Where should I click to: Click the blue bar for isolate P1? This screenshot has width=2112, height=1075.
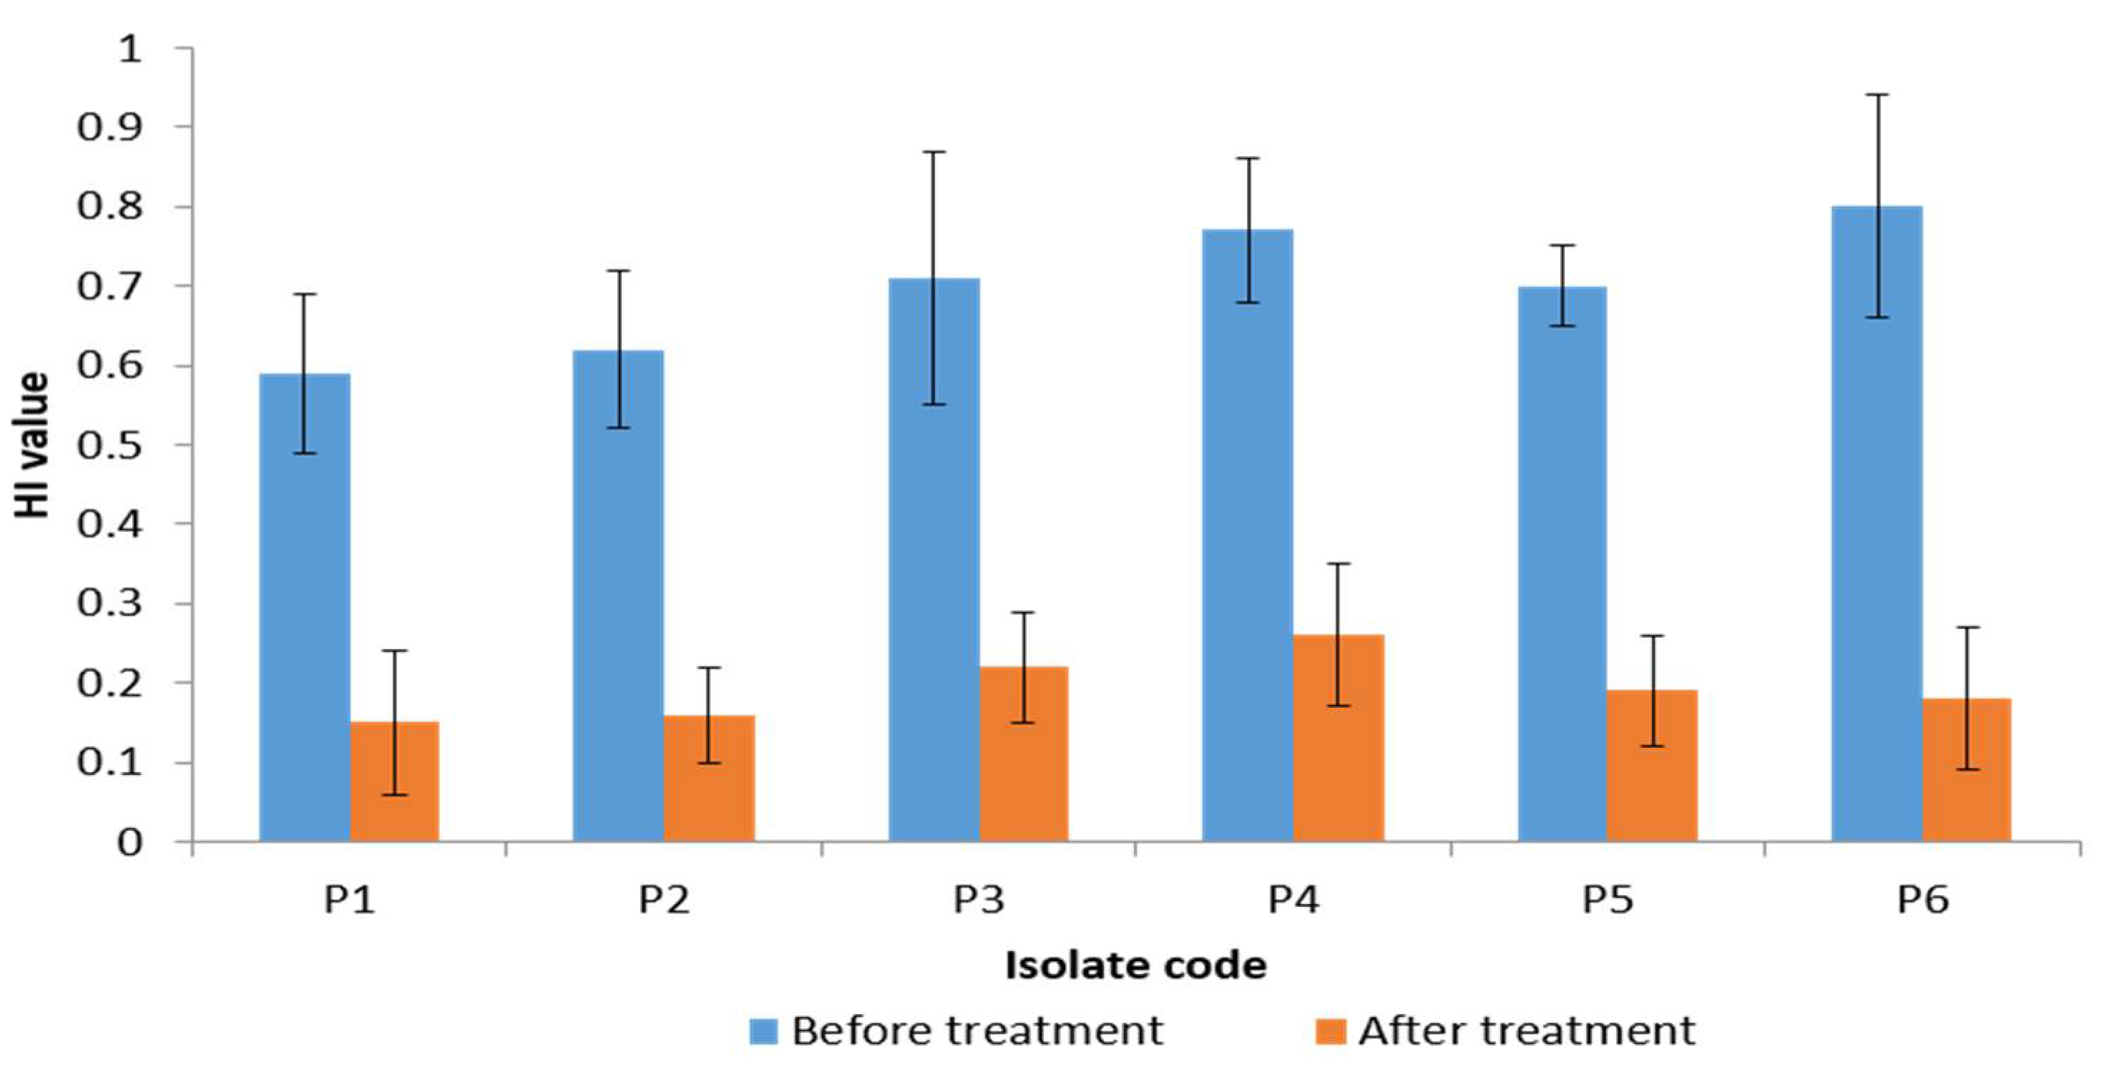coord(304,607)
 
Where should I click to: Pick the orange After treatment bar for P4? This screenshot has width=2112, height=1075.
coord(1338,738)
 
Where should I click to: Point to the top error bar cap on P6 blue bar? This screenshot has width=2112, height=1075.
coord(1877,95)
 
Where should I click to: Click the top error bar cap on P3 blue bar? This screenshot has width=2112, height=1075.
coord(934,152)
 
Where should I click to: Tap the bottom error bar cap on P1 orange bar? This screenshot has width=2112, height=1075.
coord(394,794)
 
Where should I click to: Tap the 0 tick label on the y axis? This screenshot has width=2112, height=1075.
coord(129,843)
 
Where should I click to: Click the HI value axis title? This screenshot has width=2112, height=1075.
coord(33,445)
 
